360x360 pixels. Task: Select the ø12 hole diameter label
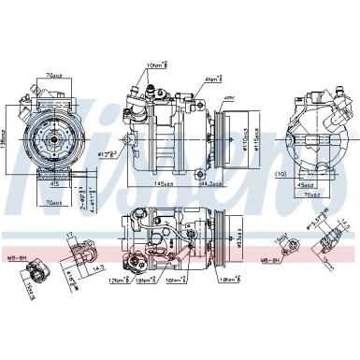coord(111,148)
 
